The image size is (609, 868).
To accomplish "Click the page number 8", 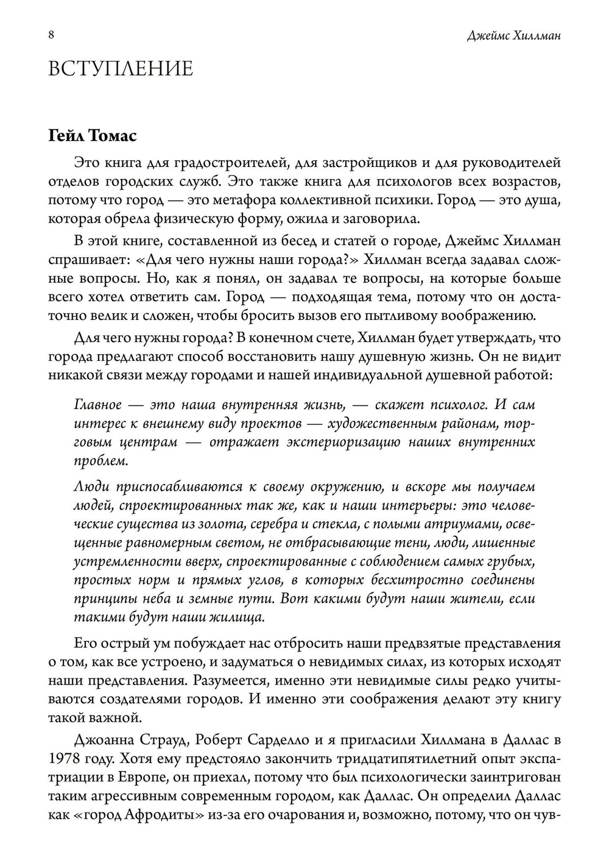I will pos(51,35).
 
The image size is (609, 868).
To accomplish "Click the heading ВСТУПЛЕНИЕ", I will pos(121,68).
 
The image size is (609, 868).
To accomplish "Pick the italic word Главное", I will pos(97,405).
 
